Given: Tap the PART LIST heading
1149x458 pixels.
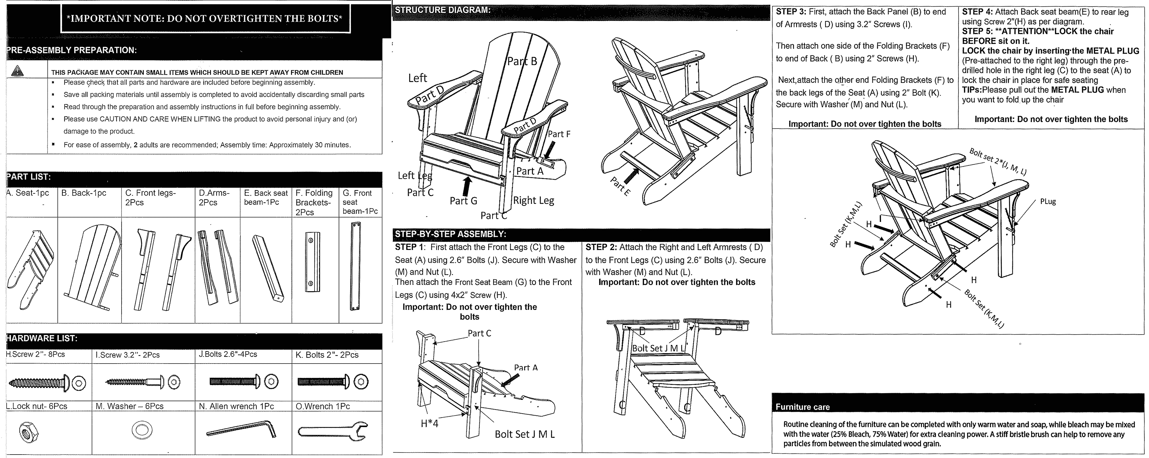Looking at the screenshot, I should click(x=28, y=177).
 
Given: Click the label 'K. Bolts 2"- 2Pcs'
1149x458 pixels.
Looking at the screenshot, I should click(x=327, y=355).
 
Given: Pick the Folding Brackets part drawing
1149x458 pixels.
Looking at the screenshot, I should click(x=312, y=262).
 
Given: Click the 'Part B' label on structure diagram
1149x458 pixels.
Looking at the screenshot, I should click(x=522, y=61).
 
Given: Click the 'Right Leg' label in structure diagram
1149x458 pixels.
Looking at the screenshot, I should click(x=533, y=201).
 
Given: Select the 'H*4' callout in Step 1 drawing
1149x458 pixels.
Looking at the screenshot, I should click(x=429, y=423).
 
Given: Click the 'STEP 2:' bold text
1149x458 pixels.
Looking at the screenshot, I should click(x=601, y=247).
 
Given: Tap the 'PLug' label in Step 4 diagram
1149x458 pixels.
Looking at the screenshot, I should click(x=1048, y=201).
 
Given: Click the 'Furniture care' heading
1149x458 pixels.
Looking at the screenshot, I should click(x=802, y=407).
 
